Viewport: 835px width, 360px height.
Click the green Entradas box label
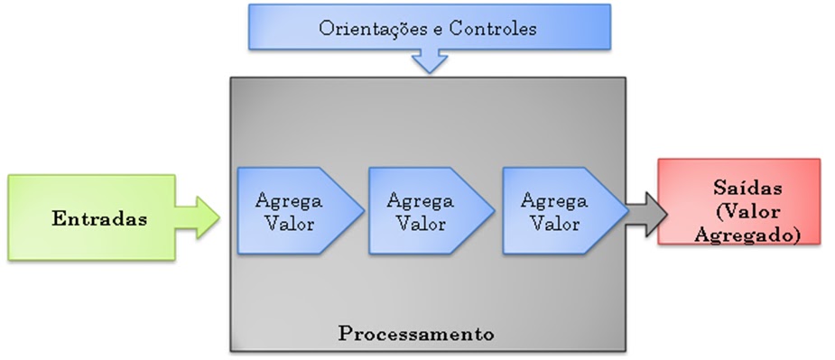point(99,218)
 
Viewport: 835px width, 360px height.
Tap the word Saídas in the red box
point(739,189)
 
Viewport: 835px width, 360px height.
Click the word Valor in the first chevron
point(290,224)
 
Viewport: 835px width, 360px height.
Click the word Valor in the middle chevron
point(420,224)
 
